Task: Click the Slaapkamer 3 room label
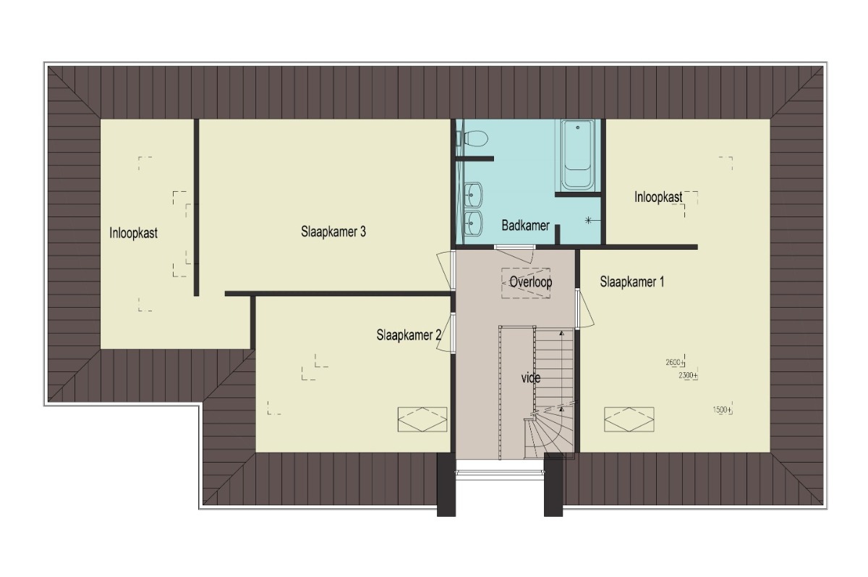(x=333, y=232)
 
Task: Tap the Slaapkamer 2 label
(x=409, y=335)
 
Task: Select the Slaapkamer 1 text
(x=632, y=282)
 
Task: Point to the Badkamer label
(x=525, y=225)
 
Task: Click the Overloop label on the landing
(x=530, y=282)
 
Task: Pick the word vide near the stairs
(x=530, y=378)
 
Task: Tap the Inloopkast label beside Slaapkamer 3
(x=133, y=233)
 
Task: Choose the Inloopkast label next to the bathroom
(x=658, y=197)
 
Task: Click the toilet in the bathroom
(x=473, y=138)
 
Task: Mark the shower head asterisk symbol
(x=588, y=221)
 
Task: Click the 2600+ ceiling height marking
(x=675, y=362)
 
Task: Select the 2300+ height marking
(x=688, y=375)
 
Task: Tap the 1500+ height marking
(x=723, y=410)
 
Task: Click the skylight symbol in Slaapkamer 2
(x=422, y=419)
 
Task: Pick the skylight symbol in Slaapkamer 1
(x=629, y=419)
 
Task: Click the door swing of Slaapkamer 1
(x=587, y=308)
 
